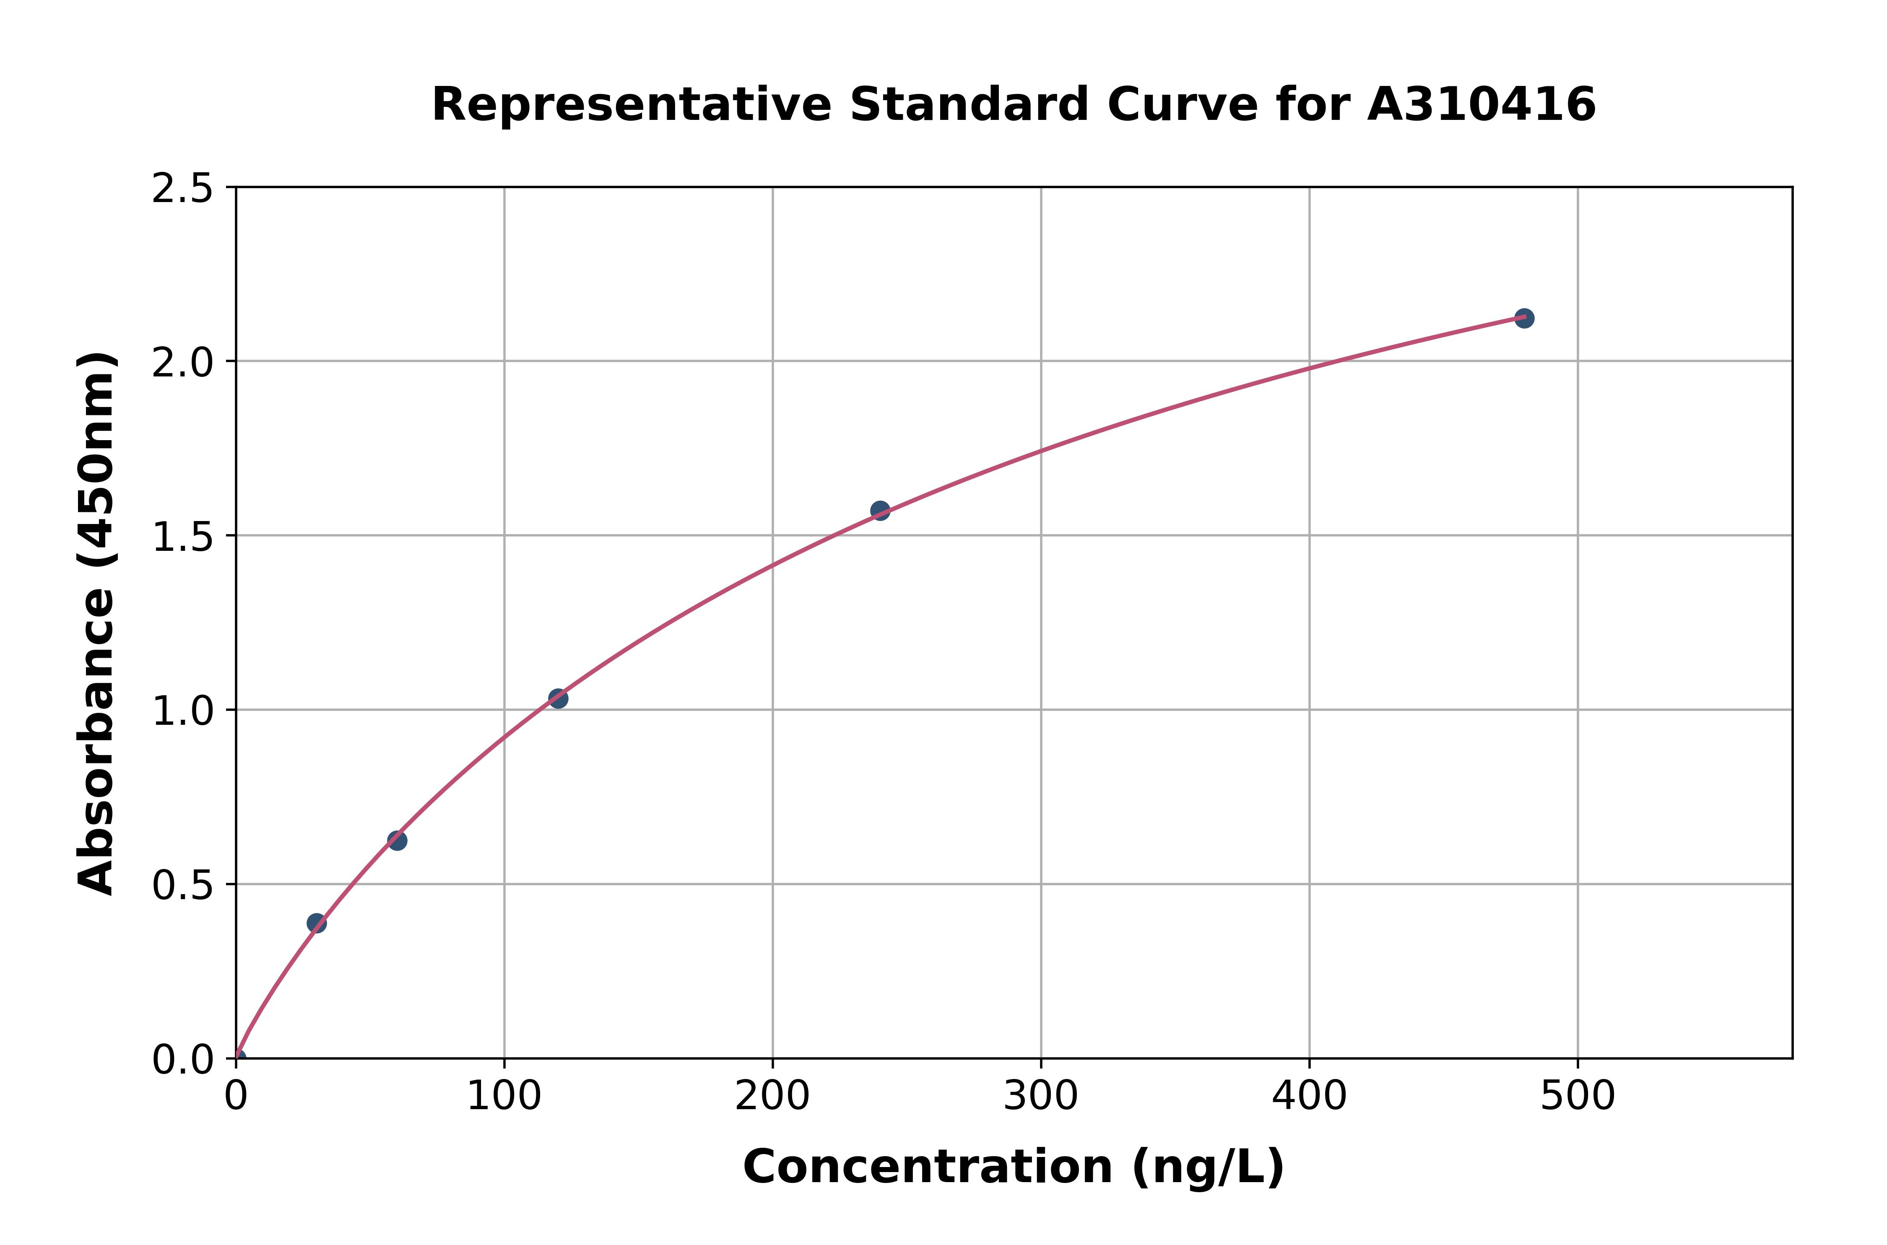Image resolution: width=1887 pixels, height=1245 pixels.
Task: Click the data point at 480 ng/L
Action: click(1524, 319)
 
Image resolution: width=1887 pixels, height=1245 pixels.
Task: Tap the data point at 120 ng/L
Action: click(558, 699)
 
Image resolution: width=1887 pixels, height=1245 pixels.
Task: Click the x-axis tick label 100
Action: click(504, 1097)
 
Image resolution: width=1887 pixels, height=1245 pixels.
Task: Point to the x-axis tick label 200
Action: click(772, 1097)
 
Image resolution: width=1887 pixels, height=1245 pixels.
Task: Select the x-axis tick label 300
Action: click(1040, 1097)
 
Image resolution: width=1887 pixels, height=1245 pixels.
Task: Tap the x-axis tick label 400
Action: click(1309, 1097)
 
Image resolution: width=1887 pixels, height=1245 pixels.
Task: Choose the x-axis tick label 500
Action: click(1577, 1097)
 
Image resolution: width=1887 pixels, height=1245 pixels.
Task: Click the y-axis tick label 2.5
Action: click(183, 189)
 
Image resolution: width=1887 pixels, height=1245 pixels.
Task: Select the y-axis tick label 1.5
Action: click(183, 537)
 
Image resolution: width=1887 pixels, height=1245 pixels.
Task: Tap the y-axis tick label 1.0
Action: click(183, 711)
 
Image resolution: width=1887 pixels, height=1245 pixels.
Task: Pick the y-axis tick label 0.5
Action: click(183, 885)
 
